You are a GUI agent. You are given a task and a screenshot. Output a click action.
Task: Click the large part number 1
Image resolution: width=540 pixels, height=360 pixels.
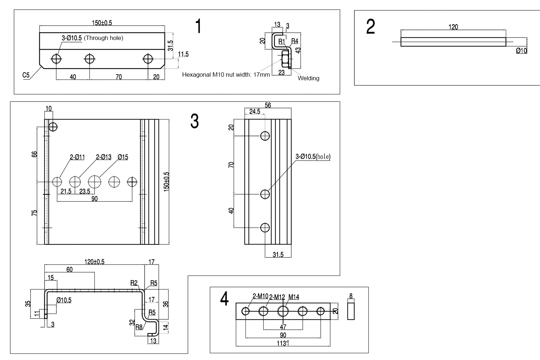[198, 26]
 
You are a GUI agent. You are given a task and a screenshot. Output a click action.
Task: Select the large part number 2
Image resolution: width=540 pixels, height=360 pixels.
[370, 27]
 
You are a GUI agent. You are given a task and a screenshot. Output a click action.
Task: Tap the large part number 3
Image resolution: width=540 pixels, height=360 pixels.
[194, 121]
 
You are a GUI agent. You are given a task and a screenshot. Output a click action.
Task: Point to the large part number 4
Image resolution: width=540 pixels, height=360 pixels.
[224, 299]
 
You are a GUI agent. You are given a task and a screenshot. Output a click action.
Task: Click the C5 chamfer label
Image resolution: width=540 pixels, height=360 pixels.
[26, 75]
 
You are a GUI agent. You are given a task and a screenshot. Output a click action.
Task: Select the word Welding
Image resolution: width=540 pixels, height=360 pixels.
[308, 78]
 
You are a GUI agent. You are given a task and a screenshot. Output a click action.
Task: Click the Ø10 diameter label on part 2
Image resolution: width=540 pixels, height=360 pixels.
[521, 51]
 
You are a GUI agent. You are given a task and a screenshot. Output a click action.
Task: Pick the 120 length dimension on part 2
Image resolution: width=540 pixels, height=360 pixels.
[453, 27]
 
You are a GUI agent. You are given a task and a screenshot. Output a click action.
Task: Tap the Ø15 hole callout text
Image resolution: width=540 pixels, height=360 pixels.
[123, 157]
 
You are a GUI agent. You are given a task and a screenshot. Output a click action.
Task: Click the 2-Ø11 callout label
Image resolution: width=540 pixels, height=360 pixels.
[77, 157]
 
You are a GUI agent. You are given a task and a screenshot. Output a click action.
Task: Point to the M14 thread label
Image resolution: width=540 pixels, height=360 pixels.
[293, 297]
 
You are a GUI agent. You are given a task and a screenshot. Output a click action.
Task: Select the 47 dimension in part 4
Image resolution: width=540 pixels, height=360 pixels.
[283, 327]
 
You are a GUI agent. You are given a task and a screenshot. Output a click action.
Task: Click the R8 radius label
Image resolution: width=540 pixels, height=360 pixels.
[139, 327]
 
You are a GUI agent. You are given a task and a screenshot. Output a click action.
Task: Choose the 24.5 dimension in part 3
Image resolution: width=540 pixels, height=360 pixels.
[255, 112]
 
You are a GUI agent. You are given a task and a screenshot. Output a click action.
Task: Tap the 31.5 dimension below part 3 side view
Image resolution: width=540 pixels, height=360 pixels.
[278, 255]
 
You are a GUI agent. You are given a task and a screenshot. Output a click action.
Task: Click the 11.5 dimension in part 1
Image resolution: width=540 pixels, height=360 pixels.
[183, 54]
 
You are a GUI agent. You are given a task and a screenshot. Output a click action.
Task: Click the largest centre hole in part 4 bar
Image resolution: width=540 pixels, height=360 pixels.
[283, 311]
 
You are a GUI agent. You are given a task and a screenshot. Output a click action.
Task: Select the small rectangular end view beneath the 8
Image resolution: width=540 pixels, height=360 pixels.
[351, 311]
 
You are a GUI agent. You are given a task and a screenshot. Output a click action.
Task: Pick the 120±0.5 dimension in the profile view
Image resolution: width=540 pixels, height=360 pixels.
[94, 262]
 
